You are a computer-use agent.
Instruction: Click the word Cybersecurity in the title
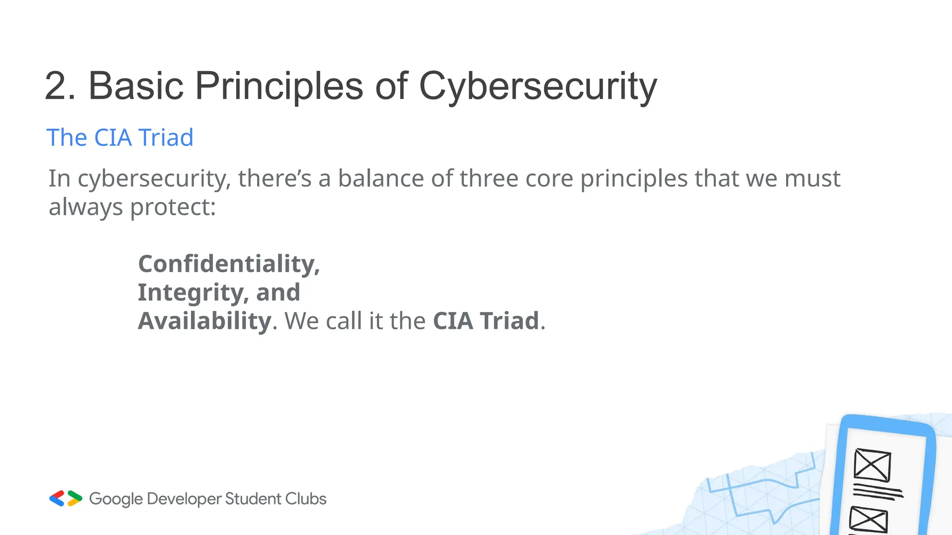click(538, 86)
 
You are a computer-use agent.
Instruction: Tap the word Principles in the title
click(278, 86)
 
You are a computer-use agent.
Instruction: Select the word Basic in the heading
click(136, 86)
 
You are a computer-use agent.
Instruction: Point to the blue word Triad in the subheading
click(166, 137)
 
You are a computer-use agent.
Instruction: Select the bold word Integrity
click(190, 293)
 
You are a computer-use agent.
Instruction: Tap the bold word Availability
click(205, 321)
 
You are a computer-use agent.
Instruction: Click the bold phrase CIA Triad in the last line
click(486, 321)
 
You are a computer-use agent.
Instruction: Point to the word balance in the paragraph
click(380, 178)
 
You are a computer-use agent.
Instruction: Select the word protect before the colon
click(169, 207)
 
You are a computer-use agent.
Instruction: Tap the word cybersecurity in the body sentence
click(153, 179)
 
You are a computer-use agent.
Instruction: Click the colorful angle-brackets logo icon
click(66, 498)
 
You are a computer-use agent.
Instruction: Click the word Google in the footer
click(116, 499)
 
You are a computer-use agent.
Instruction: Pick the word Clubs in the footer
click(305, 498)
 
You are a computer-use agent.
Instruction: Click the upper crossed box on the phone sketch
click(872, 465)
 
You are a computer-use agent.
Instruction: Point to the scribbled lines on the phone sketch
click(878, 492)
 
